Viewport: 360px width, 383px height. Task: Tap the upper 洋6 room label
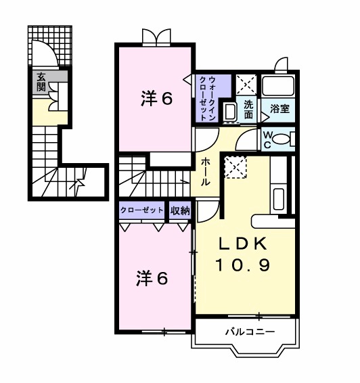(x=157, y=99)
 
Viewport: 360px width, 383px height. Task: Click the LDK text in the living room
(x=243, y=244)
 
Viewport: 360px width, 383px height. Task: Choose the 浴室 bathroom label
(x=279, y=108)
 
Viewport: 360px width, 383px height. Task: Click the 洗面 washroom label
(x=248, y=110)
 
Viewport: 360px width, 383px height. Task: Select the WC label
(x=267, y=139)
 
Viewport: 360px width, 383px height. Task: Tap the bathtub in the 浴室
(x=279, y=86)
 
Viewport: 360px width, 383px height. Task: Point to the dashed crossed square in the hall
(x=235, y=166)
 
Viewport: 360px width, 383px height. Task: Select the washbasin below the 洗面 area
(x=229, y=113)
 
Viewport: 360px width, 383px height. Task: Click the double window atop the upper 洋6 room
(x=156, y=37)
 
